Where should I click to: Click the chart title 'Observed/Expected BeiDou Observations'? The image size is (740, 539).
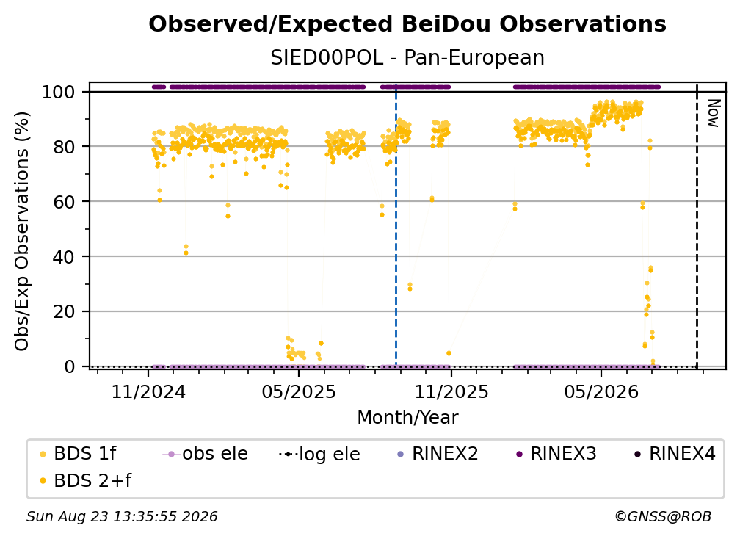pyautogui.click(x=407, y=24)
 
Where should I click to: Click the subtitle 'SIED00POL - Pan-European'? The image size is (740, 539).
pyautogui.click(x=407, y=57)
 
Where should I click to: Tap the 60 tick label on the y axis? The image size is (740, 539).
pyautogui.click(x=64, y=201)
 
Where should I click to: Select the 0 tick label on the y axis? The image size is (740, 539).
pyautogui.click(x=70, y=366)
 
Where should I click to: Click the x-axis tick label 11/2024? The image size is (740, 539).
pyautogui.click(x=148, y=391)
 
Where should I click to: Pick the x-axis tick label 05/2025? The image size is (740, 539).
pyautogui.click(x=299, y=391)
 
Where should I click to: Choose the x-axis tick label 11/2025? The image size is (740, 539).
pyautogui.click(x=451, y=391)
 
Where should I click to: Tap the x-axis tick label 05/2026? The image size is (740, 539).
pyautogui.click(x=601, y=391)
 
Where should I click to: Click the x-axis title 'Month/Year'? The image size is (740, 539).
pyautogui.click(x=407, y=418)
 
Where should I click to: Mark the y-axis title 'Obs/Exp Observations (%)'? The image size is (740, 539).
pyautogui.click(x=22, y=231)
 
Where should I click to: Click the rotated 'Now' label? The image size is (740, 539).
pyautogui.click(x=714, y=113)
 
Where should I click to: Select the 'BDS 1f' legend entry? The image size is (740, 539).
pyautogui.click(x=79, y=454)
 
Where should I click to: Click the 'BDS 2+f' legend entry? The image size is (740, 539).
pyautogui.click(x=85, y=480)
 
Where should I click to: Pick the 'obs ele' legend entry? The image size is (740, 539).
pyautogui.click(x=206, y=454)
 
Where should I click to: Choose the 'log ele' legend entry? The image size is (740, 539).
pyautogui.click(x=319, y=454)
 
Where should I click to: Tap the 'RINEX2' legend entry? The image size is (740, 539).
pyautogui.click(x=438, y=454)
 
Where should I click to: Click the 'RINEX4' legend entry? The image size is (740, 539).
pyautogui.click(x=675, y=454)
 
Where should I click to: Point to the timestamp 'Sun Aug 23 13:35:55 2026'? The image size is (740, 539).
pyautogui.click(x=122, y=517)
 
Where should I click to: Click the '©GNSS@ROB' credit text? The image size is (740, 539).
pyautogui.click(x=663, y=517)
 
